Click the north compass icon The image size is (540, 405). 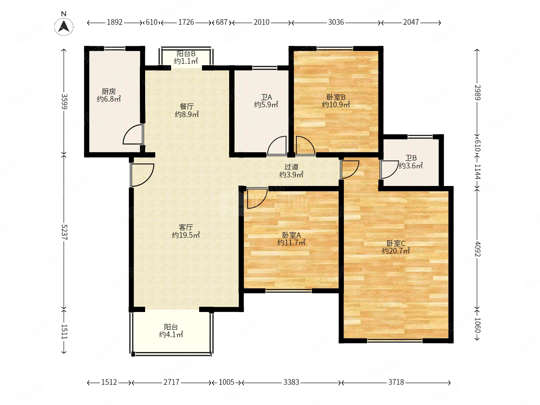pyautogui.click(x=64, y=27)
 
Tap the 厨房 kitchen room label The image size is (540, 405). pyautogui.click(x=108, y=91)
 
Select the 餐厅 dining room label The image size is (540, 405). pyautogui.click(x=187, y=106)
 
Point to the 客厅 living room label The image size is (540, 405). pyautogui.click(x=186, y=227)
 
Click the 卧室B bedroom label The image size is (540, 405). pyautogui.click(x=336, y=97)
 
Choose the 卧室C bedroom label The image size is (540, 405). pyautogui.click(x=396, y=243)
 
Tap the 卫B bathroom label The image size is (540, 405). pyautogui.click(x=411, y=158)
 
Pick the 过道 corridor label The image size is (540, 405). pyautogui.click(x=291, y=167)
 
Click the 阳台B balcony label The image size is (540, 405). pyautogui.click(x=186, y=54)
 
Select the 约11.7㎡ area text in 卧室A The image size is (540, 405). pyautogui.click(x=291, y=243)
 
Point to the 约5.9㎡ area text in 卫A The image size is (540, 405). pyautogui.click(x=266, y=105)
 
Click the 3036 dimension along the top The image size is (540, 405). pyautogui.click(x=336, y=22)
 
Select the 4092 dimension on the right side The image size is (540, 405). pyautogui.click(x=477, y=249)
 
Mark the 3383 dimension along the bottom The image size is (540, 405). pyautogui.click(x=291, y=382)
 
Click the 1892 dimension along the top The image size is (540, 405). pyautogui.click(x=115, y=22)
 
